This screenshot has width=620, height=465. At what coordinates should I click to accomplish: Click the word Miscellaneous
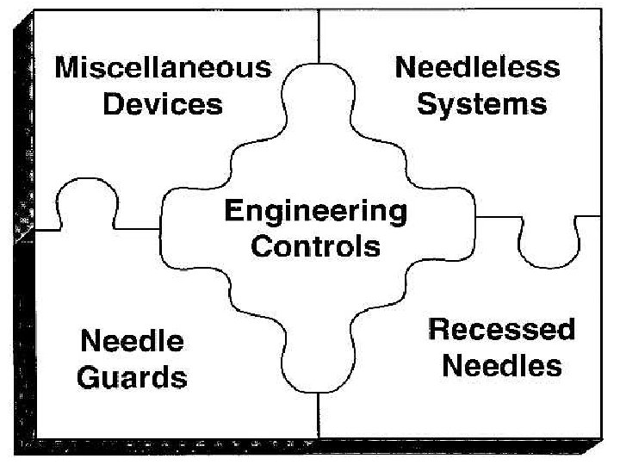pyautogui.click(x=163, y=68)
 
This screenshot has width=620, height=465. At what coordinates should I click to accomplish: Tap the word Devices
pyautogui.click(x=163, y=105)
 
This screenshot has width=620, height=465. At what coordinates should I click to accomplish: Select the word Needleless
pyautogui.click(x=477, y=68)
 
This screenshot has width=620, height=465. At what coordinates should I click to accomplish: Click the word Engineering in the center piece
pyautogui.click(x=315, y=211)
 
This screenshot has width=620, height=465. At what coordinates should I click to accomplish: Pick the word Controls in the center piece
pyautogui.click(x=315, y=247)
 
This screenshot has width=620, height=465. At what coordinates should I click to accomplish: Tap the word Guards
pyautogui.click(x=133, y=377)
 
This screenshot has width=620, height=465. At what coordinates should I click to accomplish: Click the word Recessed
pyautogui.click(x=501, y=330)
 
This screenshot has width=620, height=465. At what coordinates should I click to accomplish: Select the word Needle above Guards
pyautogui.click(x=132, y=341)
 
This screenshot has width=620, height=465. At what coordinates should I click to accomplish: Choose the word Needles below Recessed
pyautogui.click(x=501, y=366)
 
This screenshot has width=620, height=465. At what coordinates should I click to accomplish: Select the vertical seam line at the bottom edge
pyautogui.click(x=319, y=413)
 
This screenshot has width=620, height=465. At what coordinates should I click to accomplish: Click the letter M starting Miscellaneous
pyautogui.click(x=67, y=68)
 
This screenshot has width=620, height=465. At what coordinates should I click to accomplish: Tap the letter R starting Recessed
pyautogui.click(x=439, y=330)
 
